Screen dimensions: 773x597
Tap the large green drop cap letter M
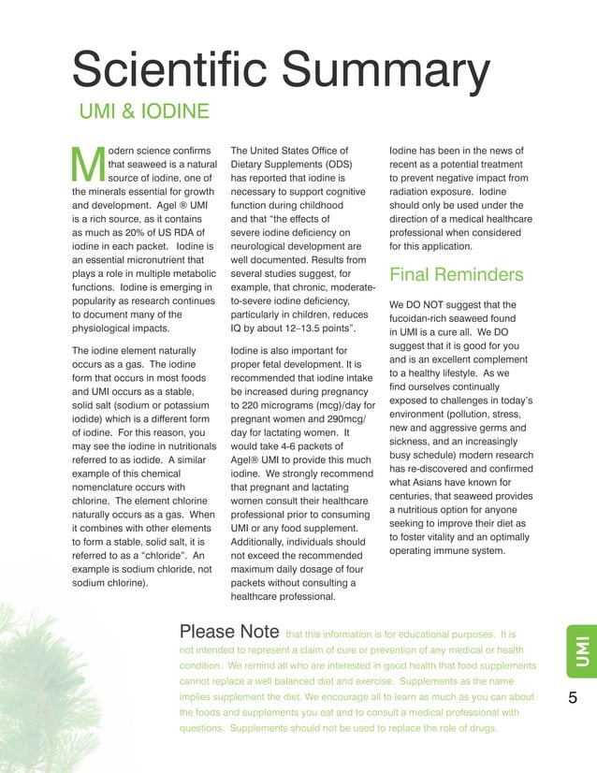click(88, 165)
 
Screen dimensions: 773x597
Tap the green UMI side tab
click(581, 650)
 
